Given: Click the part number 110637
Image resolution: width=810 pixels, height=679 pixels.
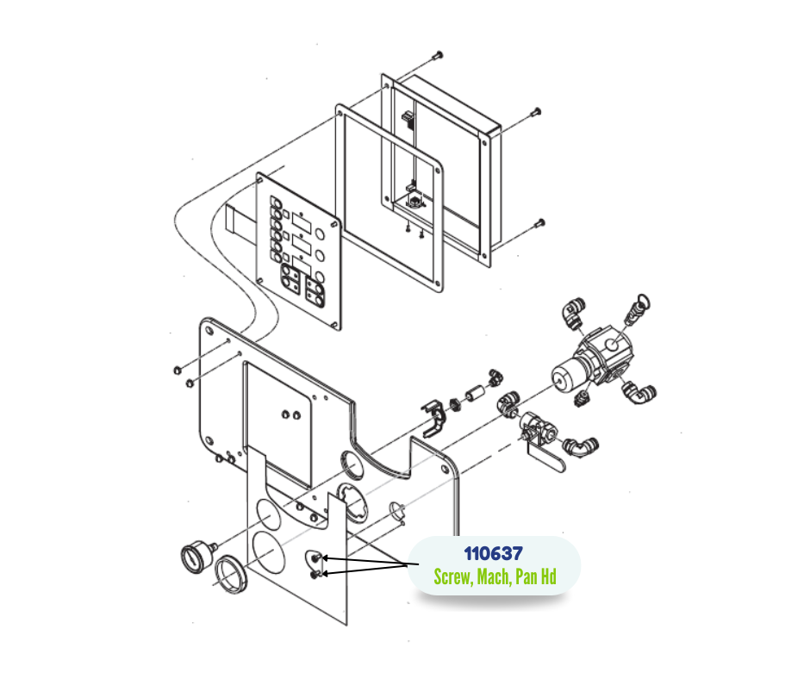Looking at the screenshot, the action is click(494, 553).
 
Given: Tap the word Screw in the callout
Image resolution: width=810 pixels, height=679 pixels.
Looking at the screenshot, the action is click(452, 576).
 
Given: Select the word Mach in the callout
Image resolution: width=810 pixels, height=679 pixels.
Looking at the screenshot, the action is click(494, 576).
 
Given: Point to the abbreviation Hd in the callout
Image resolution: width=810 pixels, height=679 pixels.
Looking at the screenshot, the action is click(548, 576).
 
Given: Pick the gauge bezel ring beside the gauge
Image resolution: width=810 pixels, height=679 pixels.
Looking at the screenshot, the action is click(231, 574).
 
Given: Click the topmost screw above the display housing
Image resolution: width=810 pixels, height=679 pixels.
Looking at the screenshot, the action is click(439, 54).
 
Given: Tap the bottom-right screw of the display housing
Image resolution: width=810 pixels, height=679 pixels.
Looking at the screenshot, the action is click(539, 224).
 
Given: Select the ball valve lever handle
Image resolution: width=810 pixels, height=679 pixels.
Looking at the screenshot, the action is click(547, 461).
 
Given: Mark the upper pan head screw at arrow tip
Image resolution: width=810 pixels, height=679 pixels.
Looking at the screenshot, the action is click(316, 558).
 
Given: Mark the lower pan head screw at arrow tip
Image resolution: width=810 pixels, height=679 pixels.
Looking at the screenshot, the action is click(315, 574).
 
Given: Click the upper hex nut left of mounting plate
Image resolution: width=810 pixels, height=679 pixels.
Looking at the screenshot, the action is click(177, 370).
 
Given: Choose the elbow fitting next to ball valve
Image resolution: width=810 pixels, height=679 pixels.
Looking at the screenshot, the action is click(580, 446).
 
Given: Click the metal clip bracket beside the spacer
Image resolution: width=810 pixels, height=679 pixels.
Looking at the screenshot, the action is click(434, 418).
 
